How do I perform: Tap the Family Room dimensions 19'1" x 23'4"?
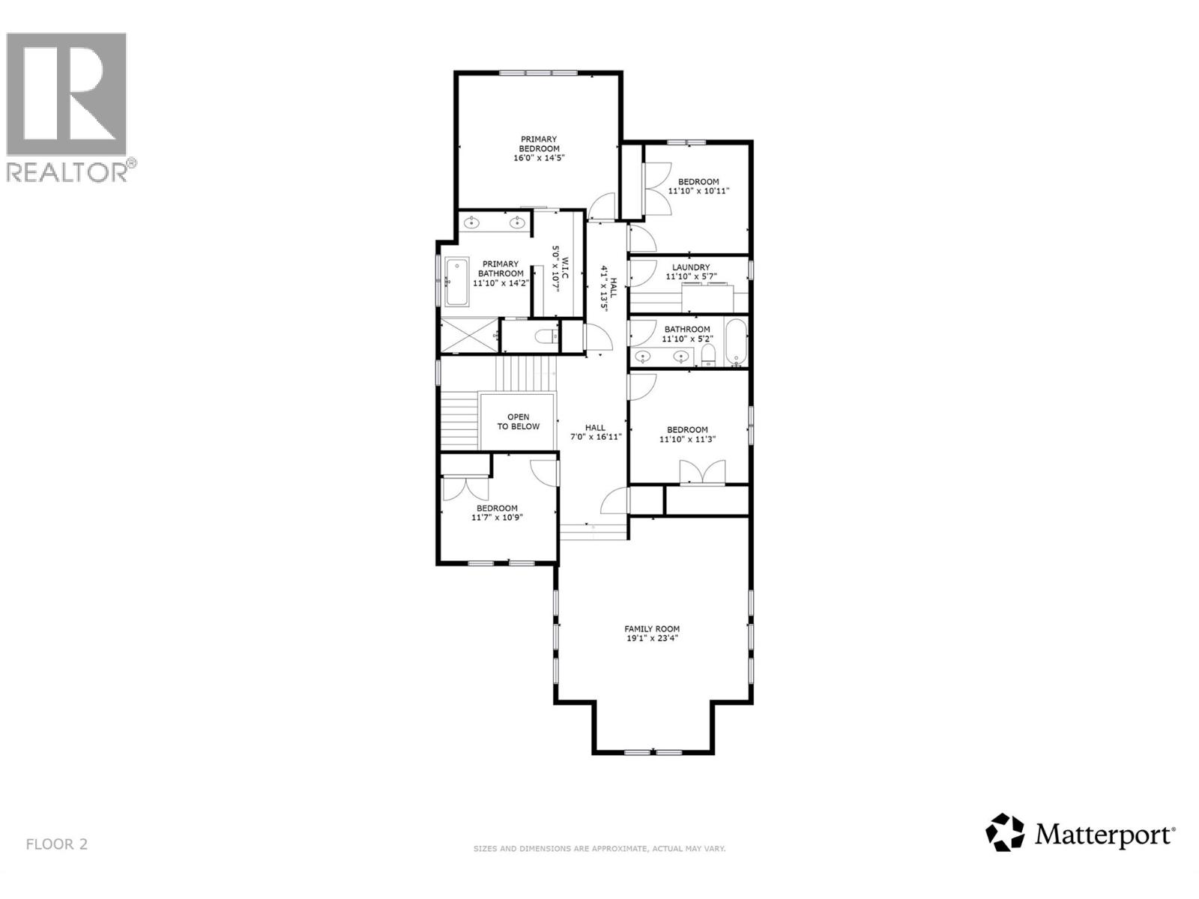click(652, 639)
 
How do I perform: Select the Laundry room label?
click(690, 267)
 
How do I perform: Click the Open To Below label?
click(518, 422)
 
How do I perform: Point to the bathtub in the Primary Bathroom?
click(456, 282)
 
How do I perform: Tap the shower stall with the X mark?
click(468, 335)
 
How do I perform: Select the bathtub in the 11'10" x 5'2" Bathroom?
click(736, 343)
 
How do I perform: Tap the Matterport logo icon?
click(1004, 832)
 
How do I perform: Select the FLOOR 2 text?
click(57, 844)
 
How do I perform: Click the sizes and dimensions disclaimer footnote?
click(599, 849)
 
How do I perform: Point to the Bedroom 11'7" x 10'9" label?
click(497, 512)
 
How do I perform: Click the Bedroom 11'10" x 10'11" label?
click(698, 186)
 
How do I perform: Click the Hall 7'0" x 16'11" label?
click(595, 432)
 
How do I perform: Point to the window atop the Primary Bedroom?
click(538, 73)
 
